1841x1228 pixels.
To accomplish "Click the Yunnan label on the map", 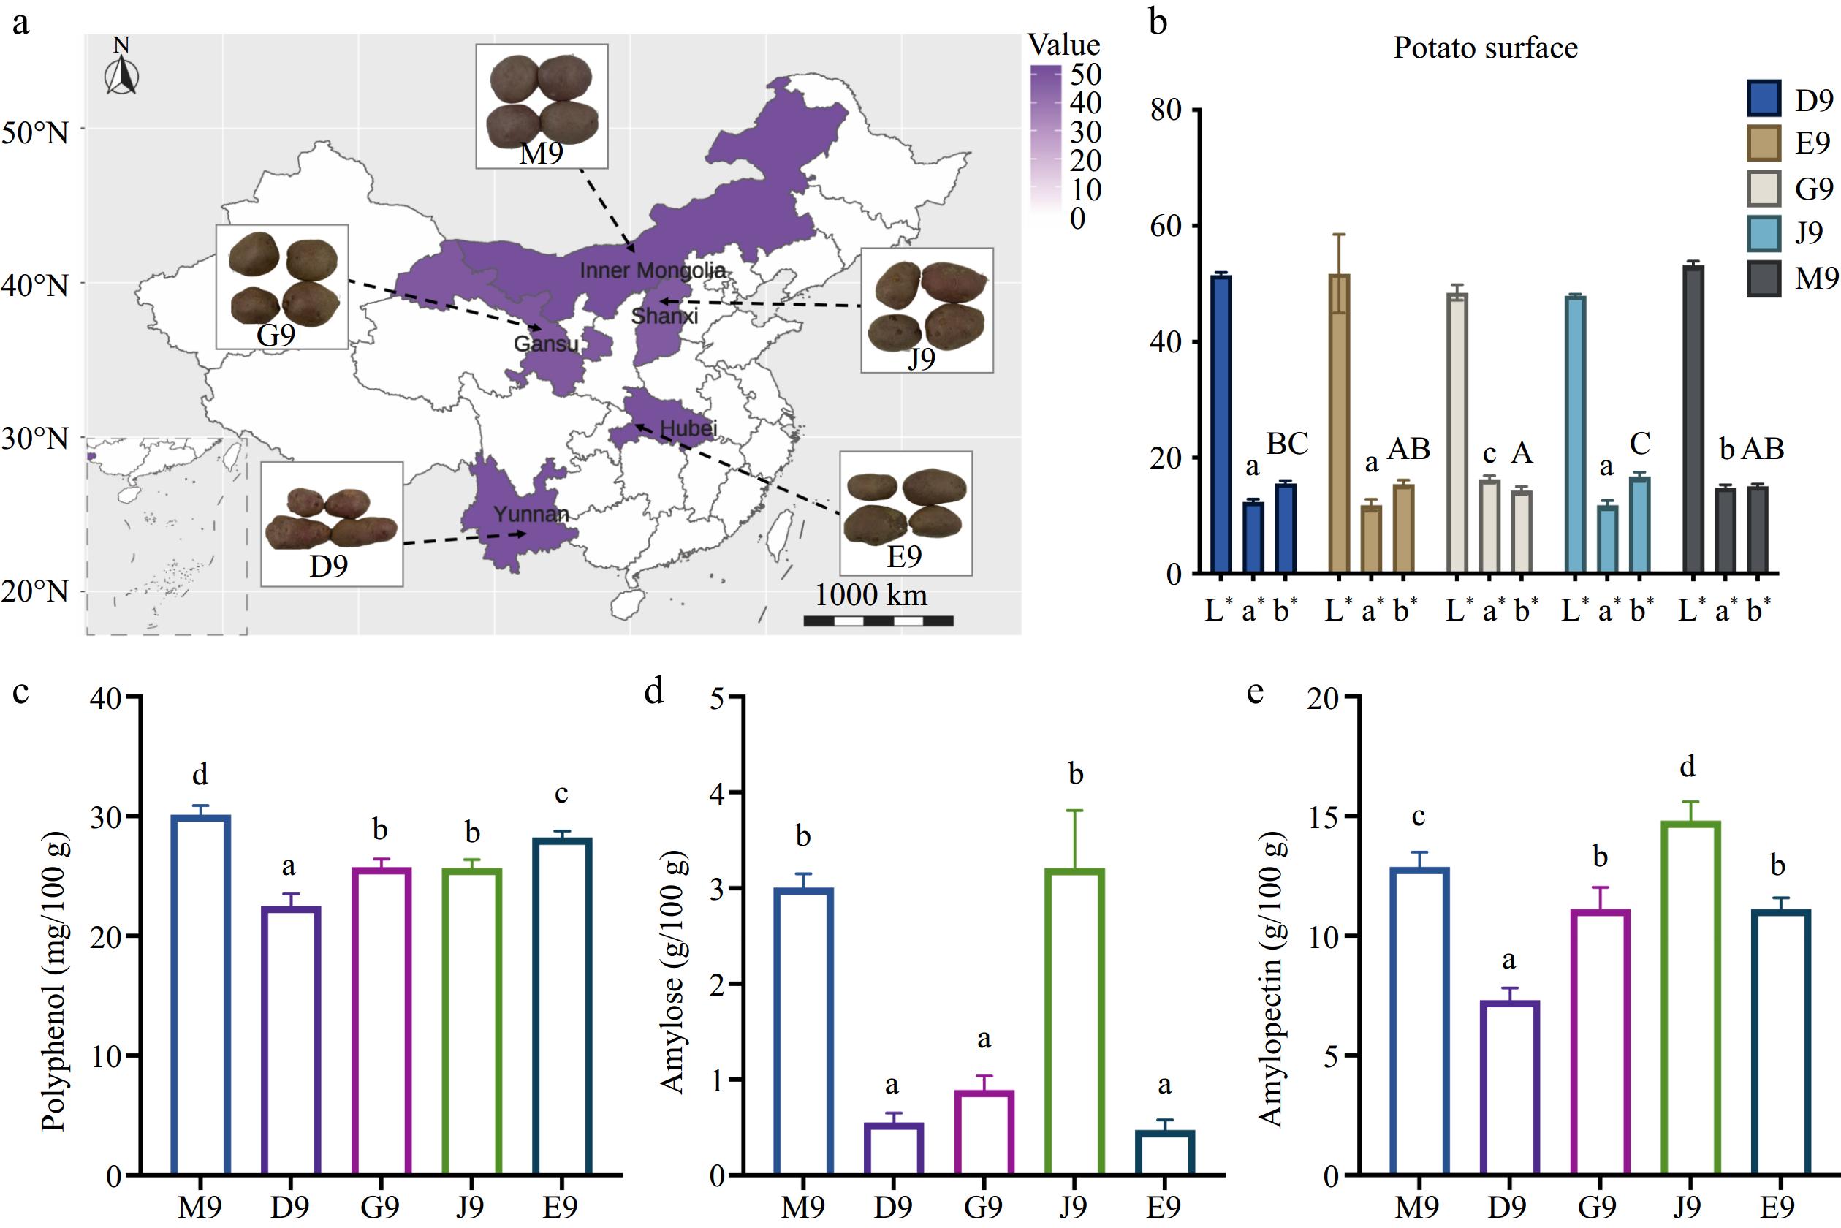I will click(x=531, y=515).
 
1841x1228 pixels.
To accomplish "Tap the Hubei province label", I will click(x=688, y=428).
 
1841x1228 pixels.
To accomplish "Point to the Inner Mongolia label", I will click(x=653, y=271).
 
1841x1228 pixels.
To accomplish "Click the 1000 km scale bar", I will click(x=878, y=621).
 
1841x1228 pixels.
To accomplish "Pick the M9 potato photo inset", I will click(x=542, y=106).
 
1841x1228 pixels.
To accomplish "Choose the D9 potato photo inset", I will click(x=331, y=523).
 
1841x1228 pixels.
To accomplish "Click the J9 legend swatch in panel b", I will click(x=1764, y=233).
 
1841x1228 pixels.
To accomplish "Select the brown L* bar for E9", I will click(x=1339, y=424).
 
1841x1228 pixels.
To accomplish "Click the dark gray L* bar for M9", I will click(x=1693, y=420).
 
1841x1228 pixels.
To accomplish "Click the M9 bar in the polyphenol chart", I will click(x=200, y=995).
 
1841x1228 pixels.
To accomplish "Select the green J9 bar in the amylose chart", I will click(x=1074, y=1021).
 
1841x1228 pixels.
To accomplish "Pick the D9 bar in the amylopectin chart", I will click(x=1509, y=1088).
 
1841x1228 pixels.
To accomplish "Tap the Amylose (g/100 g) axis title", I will click(x=673, y=971).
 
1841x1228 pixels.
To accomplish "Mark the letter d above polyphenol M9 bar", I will click(x=200, y=775).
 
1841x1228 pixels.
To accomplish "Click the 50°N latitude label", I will click(x=34, y=132).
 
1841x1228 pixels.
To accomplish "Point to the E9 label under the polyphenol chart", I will click(x=561, y=1207).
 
